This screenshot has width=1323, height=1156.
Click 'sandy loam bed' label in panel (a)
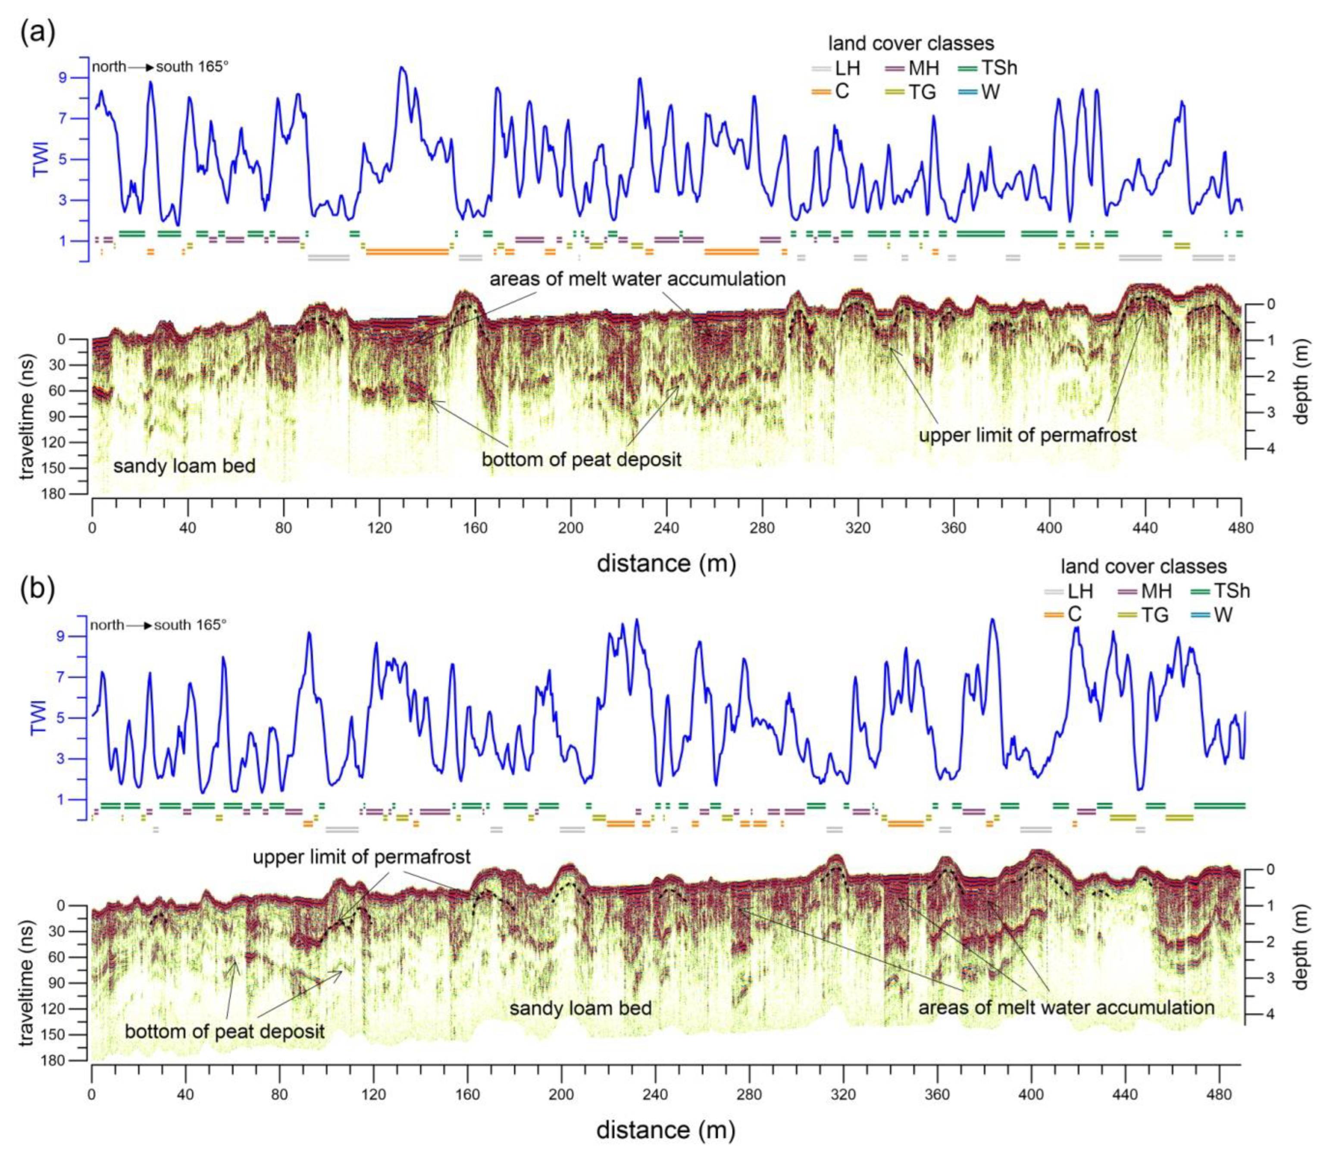pyautogui.click(x=185, y=465)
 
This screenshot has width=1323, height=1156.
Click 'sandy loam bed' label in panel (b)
pyautogui.click(x=580, y=1008)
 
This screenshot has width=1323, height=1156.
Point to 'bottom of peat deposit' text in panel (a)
pyautogui.click(x=581, y=459)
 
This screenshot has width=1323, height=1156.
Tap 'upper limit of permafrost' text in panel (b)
pyautogui.click(x=361, y=858)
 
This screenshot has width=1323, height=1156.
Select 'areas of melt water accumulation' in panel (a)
pyautogui.click(x=637, y=279)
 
